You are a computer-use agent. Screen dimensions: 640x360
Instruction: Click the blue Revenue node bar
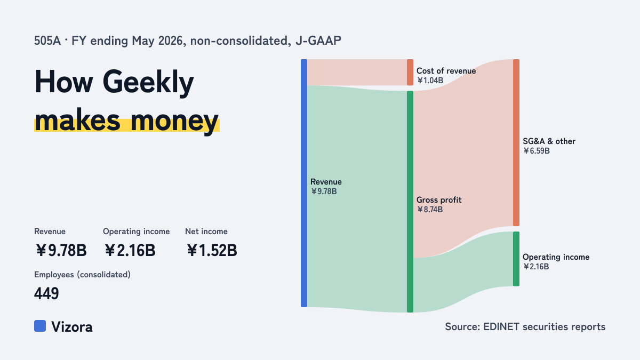tap(304, 183)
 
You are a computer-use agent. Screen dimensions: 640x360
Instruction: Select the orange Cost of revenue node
tap(410, 73)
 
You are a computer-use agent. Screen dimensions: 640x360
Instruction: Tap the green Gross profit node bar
tap(410, 202)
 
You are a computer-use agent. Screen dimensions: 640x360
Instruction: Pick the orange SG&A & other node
tap(516, 142)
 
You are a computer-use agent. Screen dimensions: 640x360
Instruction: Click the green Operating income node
tap(516, 259)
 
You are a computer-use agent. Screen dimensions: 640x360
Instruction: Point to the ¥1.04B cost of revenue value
tap(430, 81)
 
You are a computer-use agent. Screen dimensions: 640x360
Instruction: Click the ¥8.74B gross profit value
tap(430, 210)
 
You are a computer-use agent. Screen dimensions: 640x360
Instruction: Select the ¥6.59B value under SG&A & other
tap(537, 151)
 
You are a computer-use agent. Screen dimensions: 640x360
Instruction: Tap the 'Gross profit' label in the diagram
tap(439, 199)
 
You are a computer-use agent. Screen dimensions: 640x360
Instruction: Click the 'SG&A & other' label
tap(549, 141)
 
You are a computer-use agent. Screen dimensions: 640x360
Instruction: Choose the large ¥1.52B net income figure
tap(212, 250)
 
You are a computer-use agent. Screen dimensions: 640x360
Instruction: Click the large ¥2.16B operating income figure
tap(130, 250)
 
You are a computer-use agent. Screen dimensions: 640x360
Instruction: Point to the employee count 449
tap(46, 293)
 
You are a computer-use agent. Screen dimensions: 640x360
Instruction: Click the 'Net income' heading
tap(206, 231)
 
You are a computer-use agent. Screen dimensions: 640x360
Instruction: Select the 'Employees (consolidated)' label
tap(82, 275)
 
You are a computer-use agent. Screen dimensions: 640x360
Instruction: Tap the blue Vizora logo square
tap(40, 326)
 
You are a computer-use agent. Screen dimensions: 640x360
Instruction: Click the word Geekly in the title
tap(148, 83)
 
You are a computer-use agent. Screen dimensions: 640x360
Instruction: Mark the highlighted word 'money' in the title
tap(174, 121)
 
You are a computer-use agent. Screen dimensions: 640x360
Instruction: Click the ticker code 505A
tap(47, 41)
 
